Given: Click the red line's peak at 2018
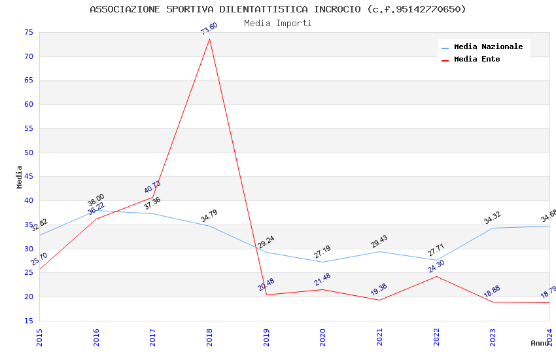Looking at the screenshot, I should tap(209, 39).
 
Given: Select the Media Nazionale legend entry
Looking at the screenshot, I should tap(488, 47).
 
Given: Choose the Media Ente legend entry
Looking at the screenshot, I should tap(477, 60).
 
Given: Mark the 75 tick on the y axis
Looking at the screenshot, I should tap(28, 32).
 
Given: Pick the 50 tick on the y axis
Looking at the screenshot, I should tap(28, 153).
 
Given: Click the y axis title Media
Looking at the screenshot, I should tap(20, 177).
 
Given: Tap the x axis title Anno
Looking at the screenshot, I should tap(540, 343).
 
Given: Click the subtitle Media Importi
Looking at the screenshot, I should tap(278, 24).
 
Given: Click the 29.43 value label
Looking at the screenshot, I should tap(379, 242).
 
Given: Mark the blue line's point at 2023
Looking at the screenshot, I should tap(493, 228).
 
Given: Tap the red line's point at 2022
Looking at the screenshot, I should tap(436, 276).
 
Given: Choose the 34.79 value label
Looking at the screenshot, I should tap(209, 216).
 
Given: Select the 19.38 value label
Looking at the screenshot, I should tap(379, 290).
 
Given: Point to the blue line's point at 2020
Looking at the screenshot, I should tap(322, 262).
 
